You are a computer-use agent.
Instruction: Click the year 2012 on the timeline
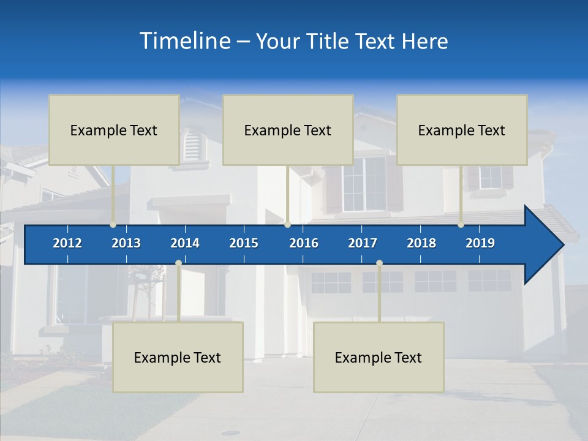click(x=67, y=243)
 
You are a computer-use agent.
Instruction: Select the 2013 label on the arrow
click(x=126, y=243)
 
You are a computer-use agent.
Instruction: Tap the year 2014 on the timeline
click(x=185, y=243)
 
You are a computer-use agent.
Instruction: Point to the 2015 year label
click(x=244, y=243)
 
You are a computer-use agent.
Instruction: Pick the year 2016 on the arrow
click(x=304, y=243)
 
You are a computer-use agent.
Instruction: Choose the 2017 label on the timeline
click(x=363, y=243)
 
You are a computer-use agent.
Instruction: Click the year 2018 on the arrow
click(x=421, y=243)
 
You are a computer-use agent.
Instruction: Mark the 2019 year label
click(x=480, y=243)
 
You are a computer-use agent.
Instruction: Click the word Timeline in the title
click(x=184, y=41)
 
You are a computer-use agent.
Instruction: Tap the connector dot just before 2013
click(x=113, y=225)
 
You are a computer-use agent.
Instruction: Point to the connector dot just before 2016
click(x=287, y=225)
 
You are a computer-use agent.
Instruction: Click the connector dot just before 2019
click(x=461, y=225)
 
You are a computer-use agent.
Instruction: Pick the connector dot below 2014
click(x=178, y=263)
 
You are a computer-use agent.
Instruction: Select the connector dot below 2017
click(x=379, y=263)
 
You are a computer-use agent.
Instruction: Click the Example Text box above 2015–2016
click(x=288, y=130)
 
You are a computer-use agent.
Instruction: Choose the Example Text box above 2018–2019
click(x=462, y=130)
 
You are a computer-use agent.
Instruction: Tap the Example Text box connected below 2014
click(x=178, y=357)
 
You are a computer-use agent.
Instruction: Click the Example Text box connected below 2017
click(x=379, y=357)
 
